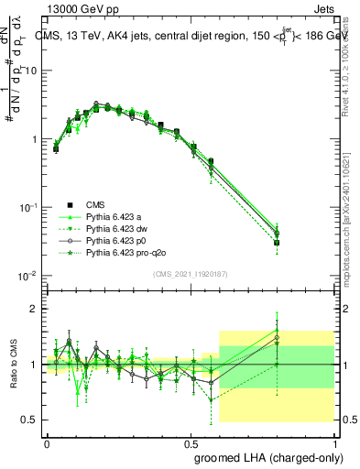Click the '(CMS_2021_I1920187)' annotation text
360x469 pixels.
(190, 274)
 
